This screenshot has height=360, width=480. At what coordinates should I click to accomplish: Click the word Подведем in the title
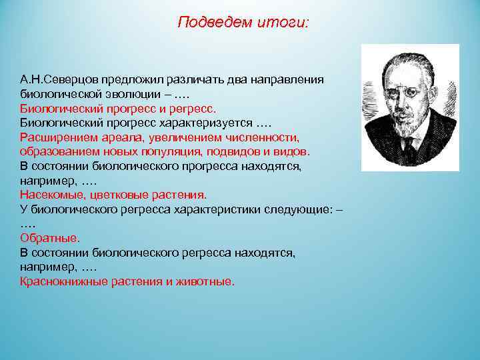point(206,23)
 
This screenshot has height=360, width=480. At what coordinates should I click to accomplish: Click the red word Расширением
point(55,138)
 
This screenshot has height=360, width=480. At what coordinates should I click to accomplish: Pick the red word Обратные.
point(49,238)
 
